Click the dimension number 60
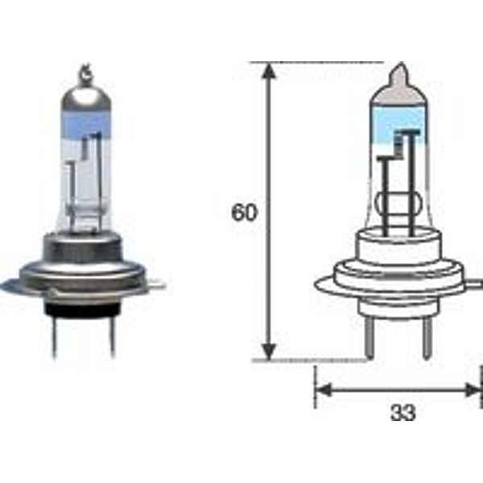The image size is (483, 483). [244, 213]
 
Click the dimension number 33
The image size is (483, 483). [403, 413]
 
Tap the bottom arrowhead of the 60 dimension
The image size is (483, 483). [270, 350]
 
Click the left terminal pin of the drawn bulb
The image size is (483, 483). [369, 340]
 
